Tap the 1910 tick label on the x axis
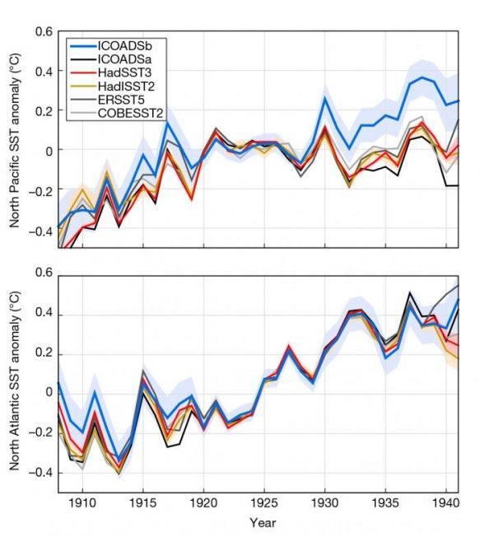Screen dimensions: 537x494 [82, 502]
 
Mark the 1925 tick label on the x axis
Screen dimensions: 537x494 [263, 502]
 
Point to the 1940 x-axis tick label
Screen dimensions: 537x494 [445, 502]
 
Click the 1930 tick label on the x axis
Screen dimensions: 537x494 [324, 502]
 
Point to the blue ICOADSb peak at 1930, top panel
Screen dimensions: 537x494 [324, 97]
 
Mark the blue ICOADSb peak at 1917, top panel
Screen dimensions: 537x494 [166, 123]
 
